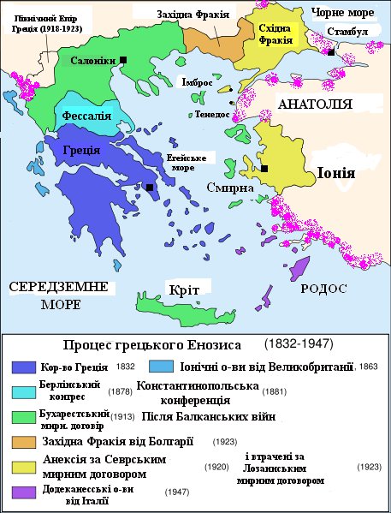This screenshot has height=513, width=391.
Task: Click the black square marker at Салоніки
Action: click(124, 59)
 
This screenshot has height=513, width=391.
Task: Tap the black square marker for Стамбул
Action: click(330, 52)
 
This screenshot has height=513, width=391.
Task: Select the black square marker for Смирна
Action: click(265, 168)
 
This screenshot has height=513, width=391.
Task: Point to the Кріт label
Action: click(184, 290)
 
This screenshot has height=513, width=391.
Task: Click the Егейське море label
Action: click(188, 162)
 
